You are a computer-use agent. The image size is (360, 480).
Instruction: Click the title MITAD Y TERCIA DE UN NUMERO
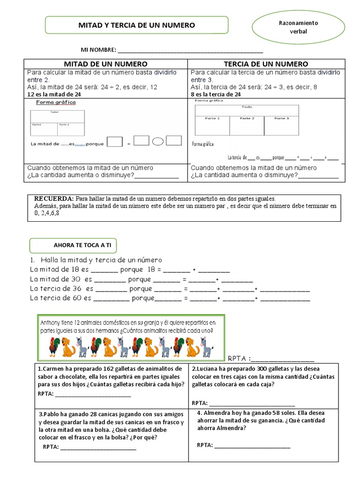[136, 25]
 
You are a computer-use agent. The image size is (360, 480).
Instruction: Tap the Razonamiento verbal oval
[298, 27]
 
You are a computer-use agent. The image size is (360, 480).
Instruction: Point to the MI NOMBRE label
[98, 50]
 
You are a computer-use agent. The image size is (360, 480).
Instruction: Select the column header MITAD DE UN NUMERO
[105, 64]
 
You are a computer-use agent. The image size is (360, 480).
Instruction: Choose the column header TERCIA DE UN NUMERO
[266, 64]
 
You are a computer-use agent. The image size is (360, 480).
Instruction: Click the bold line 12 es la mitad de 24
[54, 94]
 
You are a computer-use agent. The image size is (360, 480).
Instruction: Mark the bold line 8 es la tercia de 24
[216, 94]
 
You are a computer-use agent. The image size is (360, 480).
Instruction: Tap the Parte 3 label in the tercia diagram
[281, 119]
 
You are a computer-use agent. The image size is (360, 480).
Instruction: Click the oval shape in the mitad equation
[158, 141]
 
